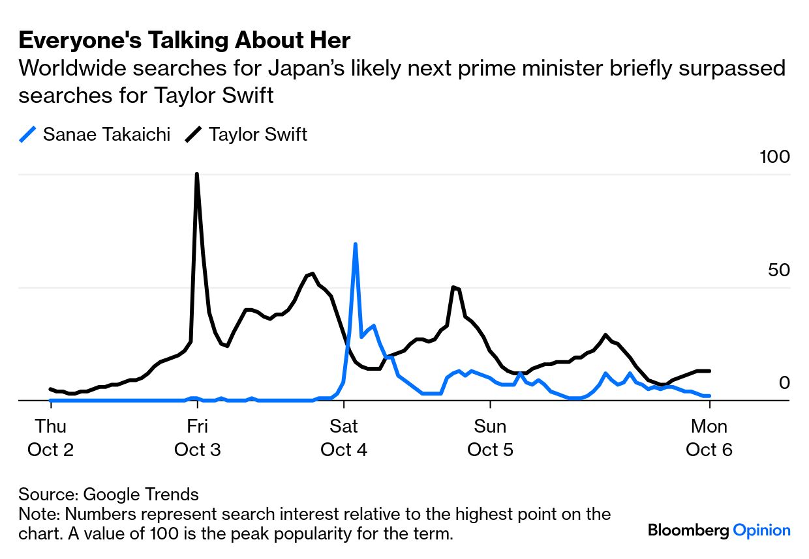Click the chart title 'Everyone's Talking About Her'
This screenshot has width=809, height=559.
tap(185, 41)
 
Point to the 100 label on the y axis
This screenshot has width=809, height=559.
tap(774, 157)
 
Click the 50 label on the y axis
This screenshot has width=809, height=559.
tap(779, 270)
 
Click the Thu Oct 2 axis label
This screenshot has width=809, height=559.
tap(51, 438)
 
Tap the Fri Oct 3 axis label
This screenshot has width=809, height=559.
tap(197, 438)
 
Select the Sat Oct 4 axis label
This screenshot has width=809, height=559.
tap(344, 438)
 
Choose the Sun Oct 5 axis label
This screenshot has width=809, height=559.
tap(490, 438)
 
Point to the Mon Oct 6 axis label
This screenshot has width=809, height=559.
tap(709, 438)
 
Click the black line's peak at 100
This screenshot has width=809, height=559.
tap(197, 174)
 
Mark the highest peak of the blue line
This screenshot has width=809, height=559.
tap(355, 244)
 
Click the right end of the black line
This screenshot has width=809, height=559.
tap(709, 371)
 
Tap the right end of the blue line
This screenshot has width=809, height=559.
tap(709, 395)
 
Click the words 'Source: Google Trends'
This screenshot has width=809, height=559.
tap(108, 494)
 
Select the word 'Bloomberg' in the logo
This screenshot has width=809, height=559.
tap(688, 530)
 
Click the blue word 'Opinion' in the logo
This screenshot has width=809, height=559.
tap(761, 530)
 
